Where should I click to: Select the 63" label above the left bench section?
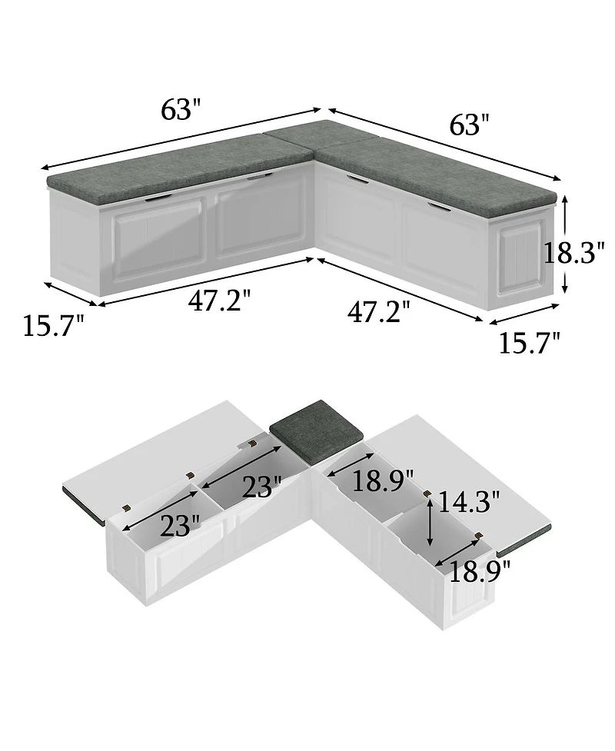pyautogui.click(x=180, y=110)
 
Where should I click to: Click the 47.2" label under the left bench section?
pyautogui.click(x=219, y=301)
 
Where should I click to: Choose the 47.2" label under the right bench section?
pyautogui.click(x=379, y=312)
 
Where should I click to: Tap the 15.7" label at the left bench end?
pyautogui.click(x=53, y=327)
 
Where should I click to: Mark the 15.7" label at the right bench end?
pyautogui.click(x=529, y=343)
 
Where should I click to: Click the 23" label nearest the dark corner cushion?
pyautogui.click(x=261, y=487)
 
